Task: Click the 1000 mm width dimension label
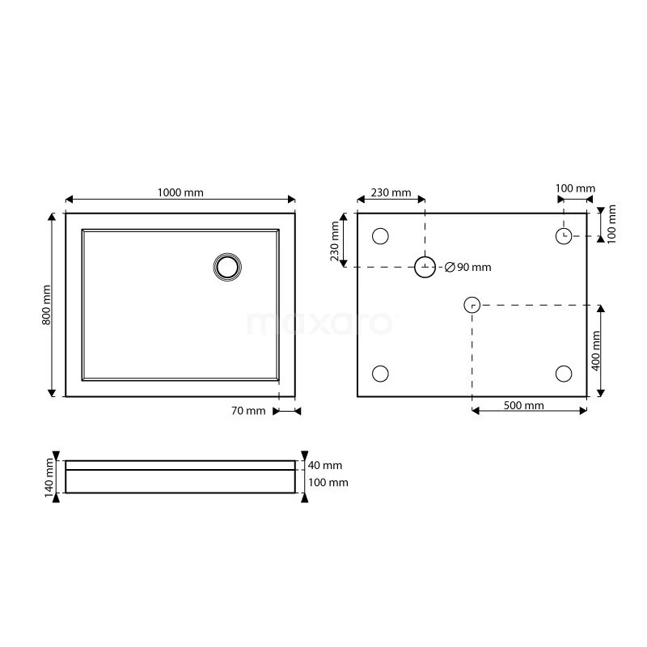(x=180, y=192)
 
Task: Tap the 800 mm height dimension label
(x=46, y=305)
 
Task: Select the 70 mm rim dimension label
(x=248, y=411)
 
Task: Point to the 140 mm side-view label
(x=49, y=478)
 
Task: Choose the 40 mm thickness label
(x=325, y=466)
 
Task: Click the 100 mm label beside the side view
(x=328, y=483)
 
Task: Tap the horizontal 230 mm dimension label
(x=391, y=192)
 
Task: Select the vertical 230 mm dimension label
(x=334, y=241)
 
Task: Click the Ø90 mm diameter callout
(x=468, y=268)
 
